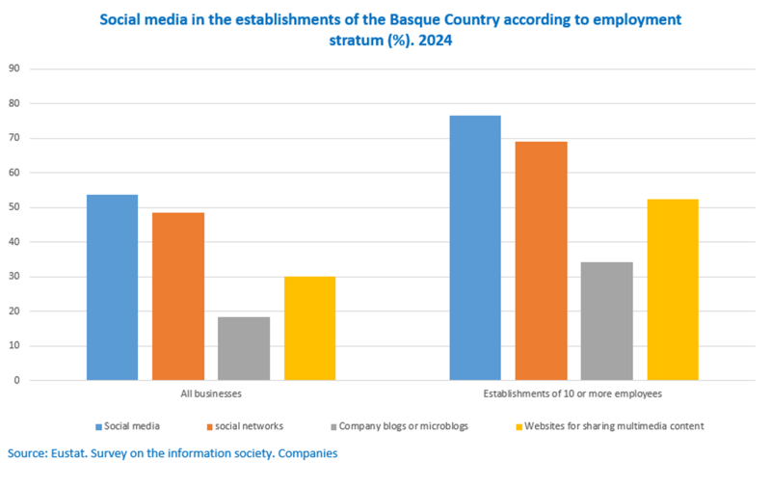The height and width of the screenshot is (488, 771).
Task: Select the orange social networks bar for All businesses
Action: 178,296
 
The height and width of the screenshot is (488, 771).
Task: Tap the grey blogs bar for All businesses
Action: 244,348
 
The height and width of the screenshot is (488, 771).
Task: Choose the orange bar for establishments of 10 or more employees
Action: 541,260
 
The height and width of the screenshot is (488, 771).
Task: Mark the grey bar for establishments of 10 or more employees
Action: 607,321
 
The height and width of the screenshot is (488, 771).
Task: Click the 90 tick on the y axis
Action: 13,68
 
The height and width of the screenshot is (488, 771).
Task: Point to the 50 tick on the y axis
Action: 13,207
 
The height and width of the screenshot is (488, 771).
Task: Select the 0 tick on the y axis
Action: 16,381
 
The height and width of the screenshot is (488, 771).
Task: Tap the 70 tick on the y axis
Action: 13,138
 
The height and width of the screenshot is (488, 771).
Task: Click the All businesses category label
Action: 211,394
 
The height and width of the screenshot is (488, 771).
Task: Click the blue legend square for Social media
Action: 98,425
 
